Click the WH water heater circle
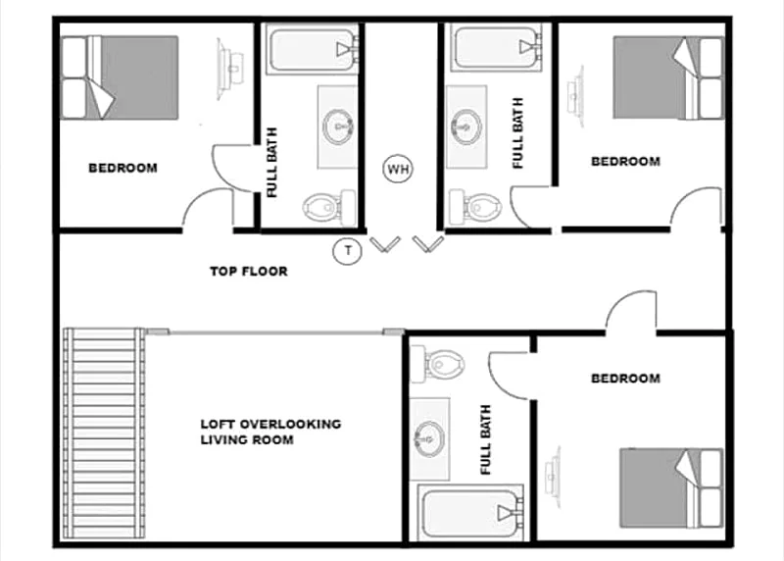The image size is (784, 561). [398, 169]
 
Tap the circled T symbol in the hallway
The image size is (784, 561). [347, 250]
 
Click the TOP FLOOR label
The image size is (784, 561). [249, 272]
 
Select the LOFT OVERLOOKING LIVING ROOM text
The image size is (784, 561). [270, 432]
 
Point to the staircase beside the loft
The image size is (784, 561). [104, 433]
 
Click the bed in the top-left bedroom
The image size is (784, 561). [120, 77]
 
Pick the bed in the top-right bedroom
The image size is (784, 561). [668, 77]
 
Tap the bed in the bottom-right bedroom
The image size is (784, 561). [671, 488]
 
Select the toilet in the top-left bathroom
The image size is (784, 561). [329, 206]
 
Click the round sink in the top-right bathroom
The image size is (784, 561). [466, 127]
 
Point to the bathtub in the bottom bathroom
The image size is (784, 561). [470, 511]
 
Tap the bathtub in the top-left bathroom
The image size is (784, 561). [313, 49]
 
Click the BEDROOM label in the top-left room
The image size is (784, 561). [123, 168]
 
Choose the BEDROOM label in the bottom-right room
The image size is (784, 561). [625, 379]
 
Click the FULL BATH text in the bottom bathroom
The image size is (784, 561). [485, 440]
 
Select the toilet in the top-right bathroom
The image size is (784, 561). [474, 206]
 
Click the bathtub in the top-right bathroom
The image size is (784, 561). [498, 47]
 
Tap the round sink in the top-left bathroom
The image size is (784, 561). [338, 127]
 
